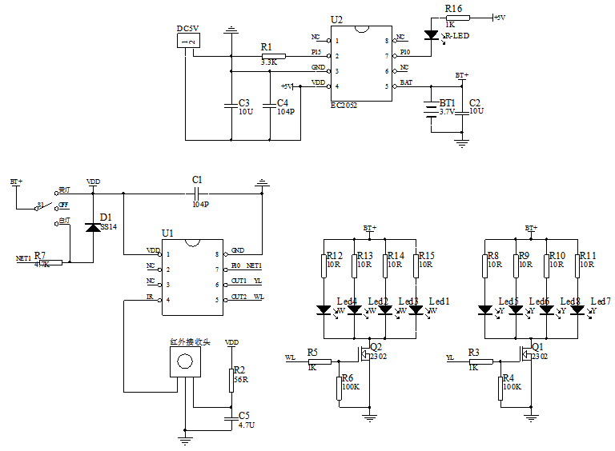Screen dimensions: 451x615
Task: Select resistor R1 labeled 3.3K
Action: click(273, 56)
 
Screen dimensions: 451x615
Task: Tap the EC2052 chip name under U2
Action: click(344, 105)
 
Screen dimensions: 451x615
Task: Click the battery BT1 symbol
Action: click(432, 105)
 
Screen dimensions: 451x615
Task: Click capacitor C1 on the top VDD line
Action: click(199, 194)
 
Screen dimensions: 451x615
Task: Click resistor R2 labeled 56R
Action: click(231, 380)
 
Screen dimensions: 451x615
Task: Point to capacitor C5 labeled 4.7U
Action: click(231, 418)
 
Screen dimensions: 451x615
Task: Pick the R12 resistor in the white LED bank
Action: click(324, 265)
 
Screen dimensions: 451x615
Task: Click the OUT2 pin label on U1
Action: click(239, 297)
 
